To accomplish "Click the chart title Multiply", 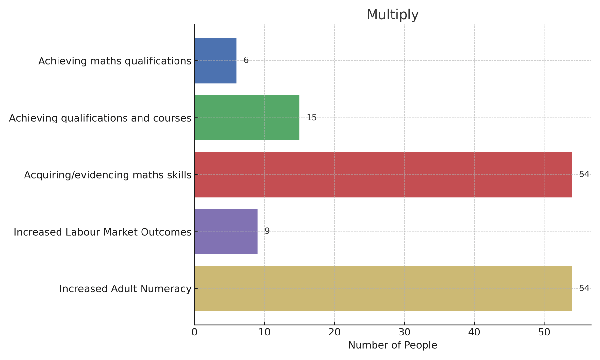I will pyautogui.click(x=392, y=15).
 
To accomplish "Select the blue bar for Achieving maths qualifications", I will pyautogui.click(x=215, y=61).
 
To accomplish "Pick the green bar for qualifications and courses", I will pyautogui.click(x=247, y=118).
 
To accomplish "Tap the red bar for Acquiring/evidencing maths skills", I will pyautogui.click(x=383, y=174).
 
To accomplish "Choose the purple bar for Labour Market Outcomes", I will pyautogui.click(x=226, y=232).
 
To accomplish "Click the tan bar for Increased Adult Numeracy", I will pyautogui.click(x=383, y=288).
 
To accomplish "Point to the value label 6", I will pyautogui.click(x=246, y=60).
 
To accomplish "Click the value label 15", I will pyautogui.click(x=311, y=118).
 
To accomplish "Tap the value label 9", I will pyautogui.click(x=267, y=231).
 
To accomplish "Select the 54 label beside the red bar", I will pyautogui.click(x=584, y=174).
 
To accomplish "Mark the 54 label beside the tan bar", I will pyautogui.click(x=584, y=288).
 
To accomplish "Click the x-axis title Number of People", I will pyautogui.click(x=392, y=345).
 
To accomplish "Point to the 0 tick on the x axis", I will pyautogui.click(x=194, y=333).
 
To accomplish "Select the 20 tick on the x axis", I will pyautogui.click(x=334, y=333).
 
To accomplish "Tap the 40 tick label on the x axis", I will pyautogui.click(x=474, y=333).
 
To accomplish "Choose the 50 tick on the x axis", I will pyautogui.click(x=544, y=333).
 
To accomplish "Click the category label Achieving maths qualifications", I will pyautogui.click(x=115, y=61).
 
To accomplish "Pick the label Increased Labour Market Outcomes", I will pyautogui.click(x=102, y=232).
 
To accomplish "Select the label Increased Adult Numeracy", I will pyautogui.click(x=125, y=289).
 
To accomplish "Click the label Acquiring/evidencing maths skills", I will pyautogui.click(x=108, y=175).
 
